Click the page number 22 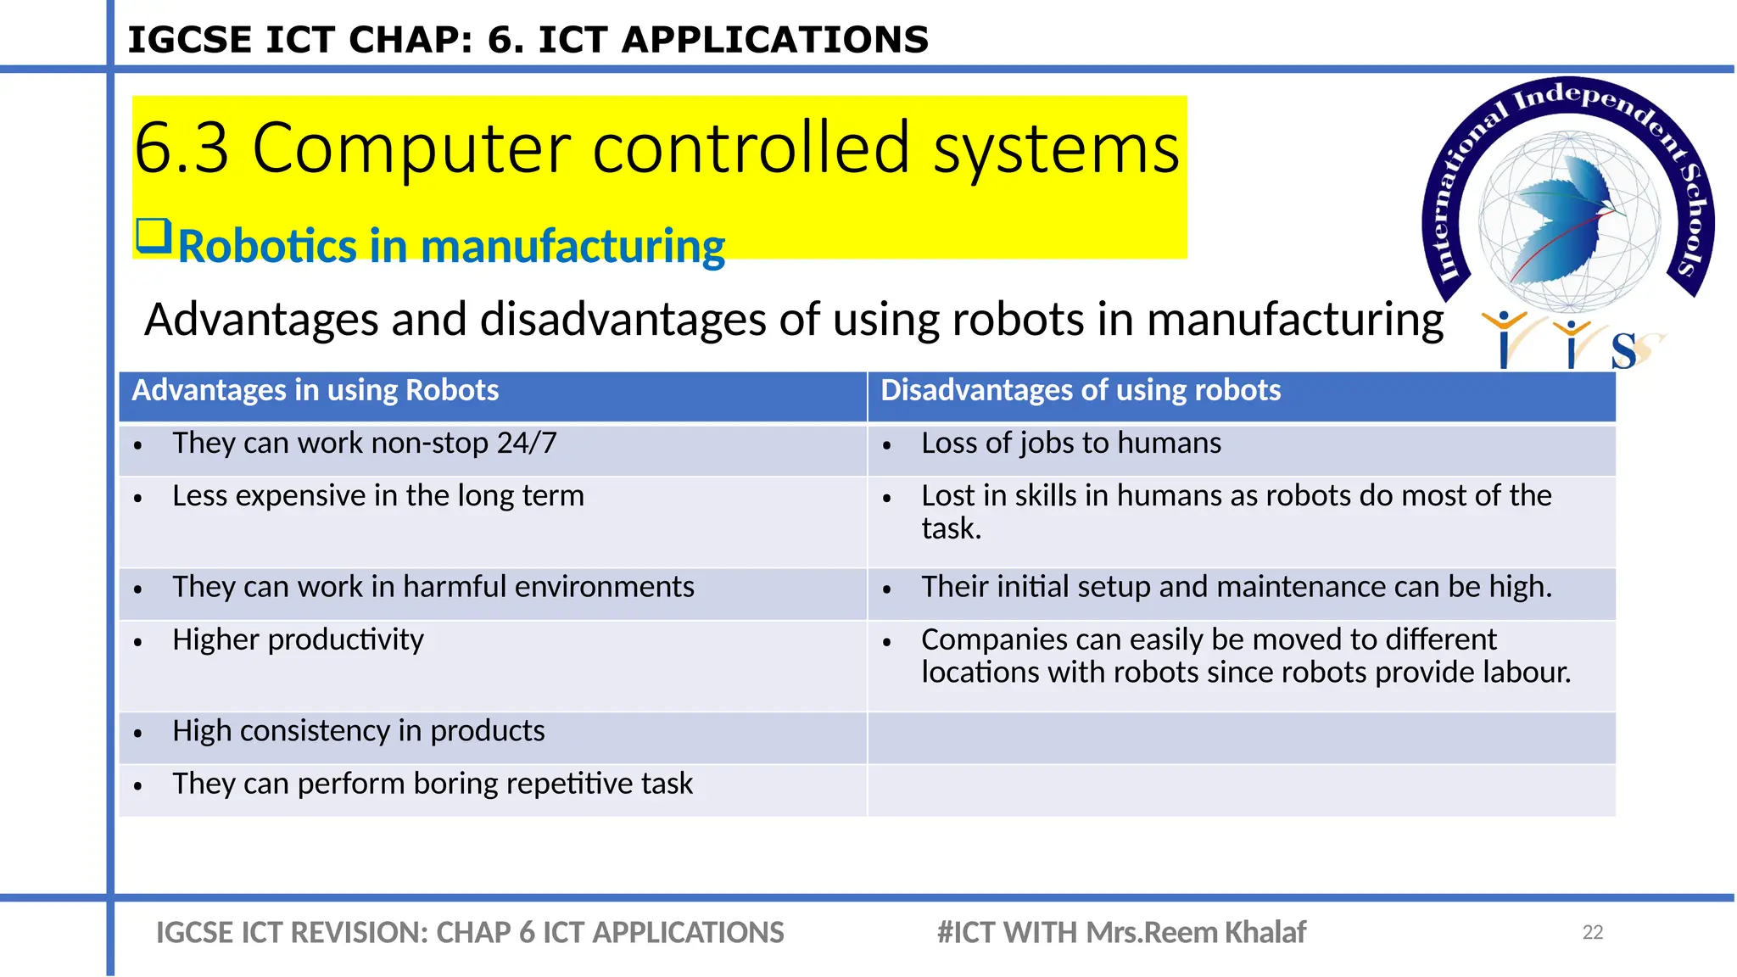[1592, 932]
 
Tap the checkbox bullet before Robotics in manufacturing [154, 236]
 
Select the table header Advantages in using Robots [316, 390]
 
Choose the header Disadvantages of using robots [1080, 390]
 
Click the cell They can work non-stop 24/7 [365, 444]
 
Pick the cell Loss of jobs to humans [1071, 444]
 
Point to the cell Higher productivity [298, 639]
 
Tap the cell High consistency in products [358, 731]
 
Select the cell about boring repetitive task [433, 784]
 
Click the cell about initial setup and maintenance [1236, 587]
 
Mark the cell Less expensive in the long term [378, 496]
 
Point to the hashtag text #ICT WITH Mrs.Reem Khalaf [1120, 932]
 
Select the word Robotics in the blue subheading [267, 247]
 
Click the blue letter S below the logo [1623, 350]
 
